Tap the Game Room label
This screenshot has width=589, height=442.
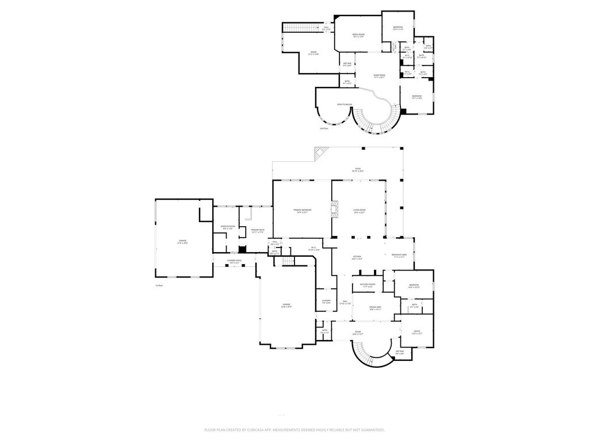tap(379, 76)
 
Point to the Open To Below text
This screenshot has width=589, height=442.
tap(345, 104)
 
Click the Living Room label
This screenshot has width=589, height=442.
tap(359, 211)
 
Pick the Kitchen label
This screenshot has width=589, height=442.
tap(357, 257)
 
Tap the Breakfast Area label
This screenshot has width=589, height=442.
tap(399, 256)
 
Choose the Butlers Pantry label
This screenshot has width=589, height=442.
tap(368, 285)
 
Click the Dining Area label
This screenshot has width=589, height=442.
tap(376, 308)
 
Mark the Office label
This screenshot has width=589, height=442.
tap(417, 332)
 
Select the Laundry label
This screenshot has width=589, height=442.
tap(326, 302)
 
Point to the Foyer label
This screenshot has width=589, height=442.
tap(358, 333)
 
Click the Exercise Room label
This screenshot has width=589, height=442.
tap(228, 227)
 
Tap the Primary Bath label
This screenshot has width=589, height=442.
tap(258, 231)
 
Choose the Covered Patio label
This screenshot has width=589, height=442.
tap(235, 262)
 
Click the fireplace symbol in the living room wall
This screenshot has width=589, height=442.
tap(334, 209)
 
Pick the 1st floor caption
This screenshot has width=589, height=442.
tap(159, 285)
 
